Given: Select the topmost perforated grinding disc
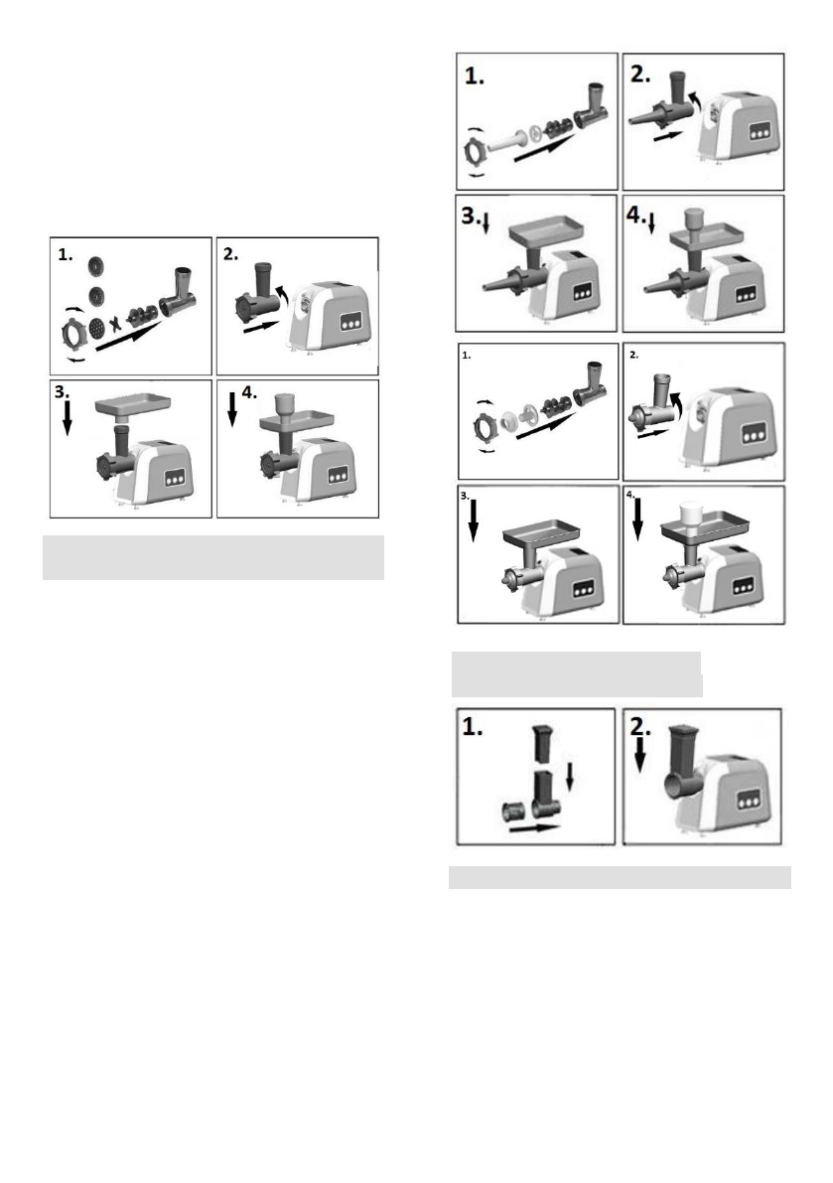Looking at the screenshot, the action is pyautogui.click(x=96, y=266).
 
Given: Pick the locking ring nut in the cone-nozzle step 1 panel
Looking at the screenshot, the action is pyautogui.click(x=476, y=154).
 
